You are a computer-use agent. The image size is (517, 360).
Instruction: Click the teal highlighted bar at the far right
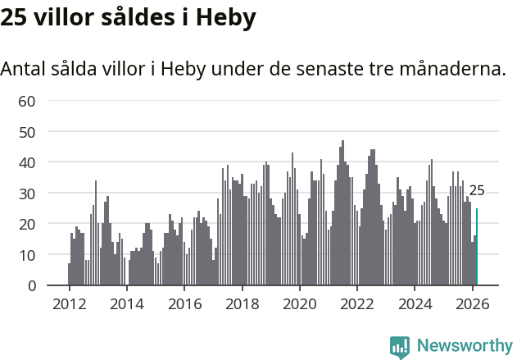[x=477, y=247]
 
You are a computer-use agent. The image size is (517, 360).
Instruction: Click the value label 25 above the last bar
[x=477, y=191]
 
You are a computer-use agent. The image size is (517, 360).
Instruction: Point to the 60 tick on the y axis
[x=27, y=101]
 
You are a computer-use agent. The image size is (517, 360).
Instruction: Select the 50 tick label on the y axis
[x=27, y=131]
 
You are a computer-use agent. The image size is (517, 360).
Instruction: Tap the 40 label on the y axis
[x=27, y=162]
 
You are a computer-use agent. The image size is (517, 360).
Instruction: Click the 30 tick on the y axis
[x=27, y=193]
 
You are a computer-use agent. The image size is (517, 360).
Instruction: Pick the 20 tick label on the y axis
[x=27, y=224]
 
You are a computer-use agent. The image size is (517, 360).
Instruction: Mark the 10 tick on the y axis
[x=27, y=254]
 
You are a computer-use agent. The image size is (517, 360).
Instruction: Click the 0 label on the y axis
[x=31, y=285]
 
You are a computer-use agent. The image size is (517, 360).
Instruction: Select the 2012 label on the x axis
[x=69, y=303]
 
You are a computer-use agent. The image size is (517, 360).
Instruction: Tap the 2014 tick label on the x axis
[x=126, y=303]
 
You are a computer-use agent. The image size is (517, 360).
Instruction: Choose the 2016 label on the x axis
[x=184, y=303]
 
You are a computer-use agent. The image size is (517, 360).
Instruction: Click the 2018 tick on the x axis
[x=242, y=303]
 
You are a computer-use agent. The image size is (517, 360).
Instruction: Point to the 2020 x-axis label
[x=299, y=303]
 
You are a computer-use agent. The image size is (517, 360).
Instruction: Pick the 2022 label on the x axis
[x=357, y=303]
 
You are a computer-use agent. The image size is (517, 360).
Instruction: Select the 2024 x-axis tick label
[x=415, y=303]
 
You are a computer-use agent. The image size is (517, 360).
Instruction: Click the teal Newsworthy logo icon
[x=400, y=347]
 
